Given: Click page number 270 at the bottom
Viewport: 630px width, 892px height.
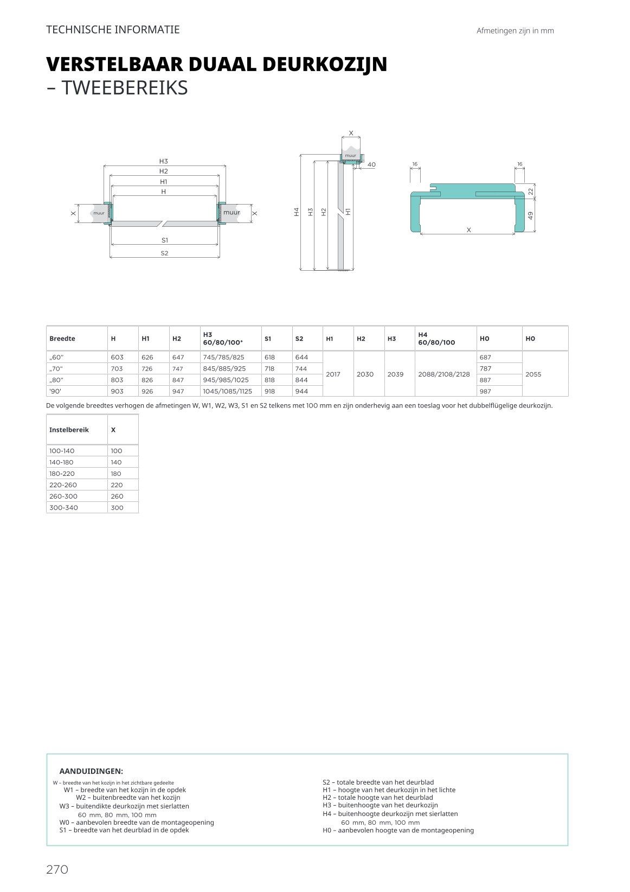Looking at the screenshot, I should [x=57, y=870].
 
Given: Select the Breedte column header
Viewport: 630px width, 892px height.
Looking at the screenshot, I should [x=62, y=339].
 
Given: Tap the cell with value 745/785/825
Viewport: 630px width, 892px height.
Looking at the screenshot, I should [x=223, y=357].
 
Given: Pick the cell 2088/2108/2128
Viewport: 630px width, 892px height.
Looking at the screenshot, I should [x=444, y=374].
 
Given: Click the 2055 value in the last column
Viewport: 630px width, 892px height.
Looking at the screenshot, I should [x=533, y=374].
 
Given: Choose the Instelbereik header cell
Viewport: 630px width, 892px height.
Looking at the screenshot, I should [x=69, y=430].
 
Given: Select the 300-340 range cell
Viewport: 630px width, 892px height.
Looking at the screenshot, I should [x=63, y=508].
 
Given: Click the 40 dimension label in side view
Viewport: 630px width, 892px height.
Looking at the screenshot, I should [x=371, y=164].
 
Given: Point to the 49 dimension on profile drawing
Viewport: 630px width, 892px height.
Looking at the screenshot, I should [x=531, y=215].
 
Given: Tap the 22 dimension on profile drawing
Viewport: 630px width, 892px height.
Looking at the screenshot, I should [x=531, y=191].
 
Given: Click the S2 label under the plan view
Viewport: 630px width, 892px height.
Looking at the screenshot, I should [x=164, y=253].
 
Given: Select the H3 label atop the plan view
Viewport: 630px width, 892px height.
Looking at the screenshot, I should [x=164, y=161].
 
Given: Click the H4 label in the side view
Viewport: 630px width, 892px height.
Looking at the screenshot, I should [x=297, y=212].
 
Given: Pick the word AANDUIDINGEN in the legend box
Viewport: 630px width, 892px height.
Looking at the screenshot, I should [x=91, y=771].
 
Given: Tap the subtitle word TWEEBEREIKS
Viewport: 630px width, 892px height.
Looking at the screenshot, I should [x=125, y=88].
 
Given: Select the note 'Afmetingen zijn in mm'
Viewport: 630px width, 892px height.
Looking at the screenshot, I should [x=515, y=31].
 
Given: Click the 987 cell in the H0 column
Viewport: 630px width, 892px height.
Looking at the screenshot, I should [x=485, y=391].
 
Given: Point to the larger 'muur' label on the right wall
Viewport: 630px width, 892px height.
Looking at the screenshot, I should [x=232, y=213].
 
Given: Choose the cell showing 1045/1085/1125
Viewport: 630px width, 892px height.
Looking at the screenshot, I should [x=227, y=391].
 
